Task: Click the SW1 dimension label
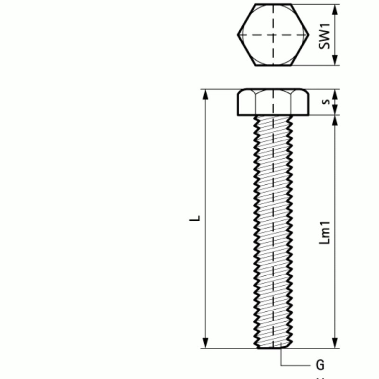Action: point(324,35)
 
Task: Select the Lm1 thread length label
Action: point(325,232)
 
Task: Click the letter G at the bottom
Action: point(320,365)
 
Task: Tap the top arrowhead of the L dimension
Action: point(206,94)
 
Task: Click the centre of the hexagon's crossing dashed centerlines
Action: point(273,35)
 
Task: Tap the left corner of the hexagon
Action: point(238,35)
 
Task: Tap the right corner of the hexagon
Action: point(308,35)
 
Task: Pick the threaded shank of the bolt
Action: point(273,227)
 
